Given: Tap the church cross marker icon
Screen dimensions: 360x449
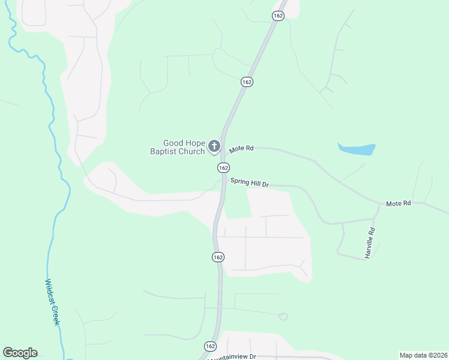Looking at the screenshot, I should tap(214, 146).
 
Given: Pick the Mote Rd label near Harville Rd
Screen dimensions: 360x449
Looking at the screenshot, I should tap(398, 204).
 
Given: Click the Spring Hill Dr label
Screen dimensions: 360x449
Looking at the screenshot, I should tap(249, 181).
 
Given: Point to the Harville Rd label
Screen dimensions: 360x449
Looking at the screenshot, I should tap(370, 243).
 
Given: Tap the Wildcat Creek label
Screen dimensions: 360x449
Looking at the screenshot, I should tap(53, 302).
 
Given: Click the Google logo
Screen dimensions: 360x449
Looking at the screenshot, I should tap(20, 353).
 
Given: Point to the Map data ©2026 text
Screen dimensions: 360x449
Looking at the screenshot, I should tap(423, 355).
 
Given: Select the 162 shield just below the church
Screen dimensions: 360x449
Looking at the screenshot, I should tap(223, 167).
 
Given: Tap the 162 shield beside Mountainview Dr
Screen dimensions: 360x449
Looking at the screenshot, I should tap(210, 347).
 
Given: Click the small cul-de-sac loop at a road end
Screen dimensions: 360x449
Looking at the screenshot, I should tap(283, 316).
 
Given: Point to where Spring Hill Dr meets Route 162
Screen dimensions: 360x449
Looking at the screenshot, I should tap(223, 179).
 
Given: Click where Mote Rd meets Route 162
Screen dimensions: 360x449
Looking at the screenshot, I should tap(223, 148).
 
